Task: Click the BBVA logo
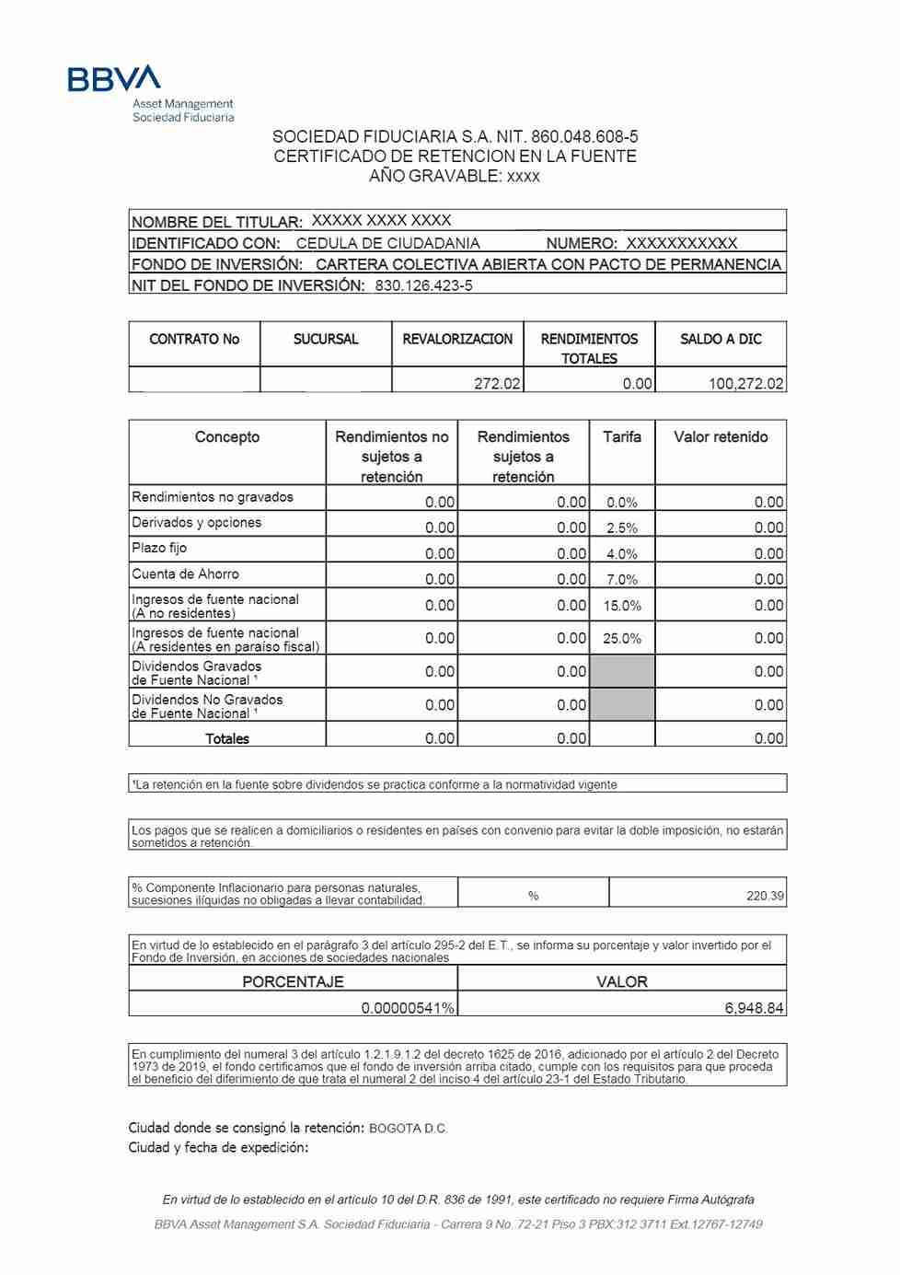114,78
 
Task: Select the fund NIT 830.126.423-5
423,285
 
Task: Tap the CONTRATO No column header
194,339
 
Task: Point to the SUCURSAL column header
326,339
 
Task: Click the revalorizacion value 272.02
497,383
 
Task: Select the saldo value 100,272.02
745,383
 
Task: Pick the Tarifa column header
622,436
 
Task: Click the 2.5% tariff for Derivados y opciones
622,527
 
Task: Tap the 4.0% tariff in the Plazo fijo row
622,553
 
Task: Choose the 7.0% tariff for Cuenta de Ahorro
622,579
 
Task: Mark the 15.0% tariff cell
622,606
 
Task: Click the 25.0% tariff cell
622,638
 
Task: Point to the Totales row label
227,738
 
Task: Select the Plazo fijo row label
159,548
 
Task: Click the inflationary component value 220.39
765,896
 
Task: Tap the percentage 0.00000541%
408,1008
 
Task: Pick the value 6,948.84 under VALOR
754,1008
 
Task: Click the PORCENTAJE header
293,981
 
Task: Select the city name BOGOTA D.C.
408,1129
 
